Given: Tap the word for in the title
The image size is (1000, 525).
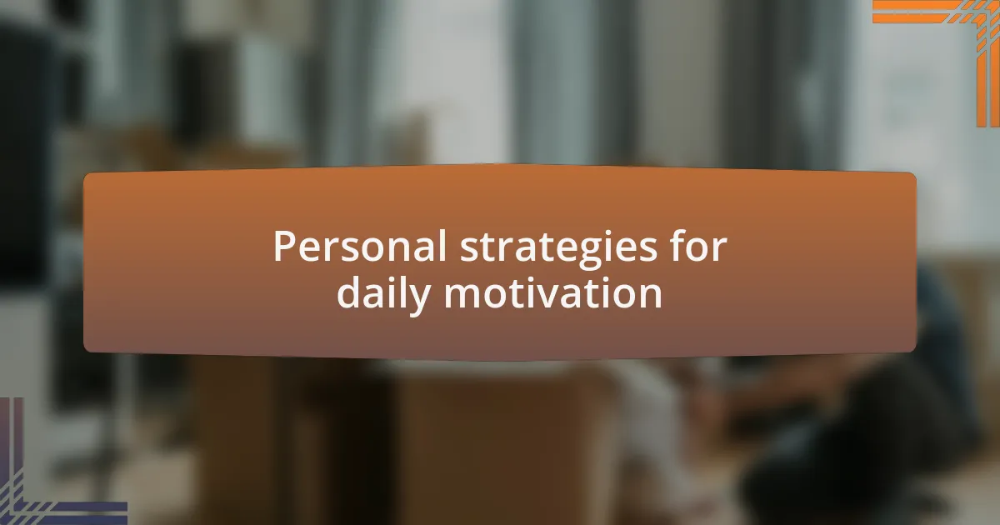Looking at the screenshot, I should [x=697, y=247].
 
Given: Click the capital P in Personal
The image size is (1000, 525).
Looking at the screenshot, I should [x=283, y=247].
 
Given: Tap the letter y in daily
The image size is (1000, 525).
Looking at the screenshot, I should [x=422, y=297].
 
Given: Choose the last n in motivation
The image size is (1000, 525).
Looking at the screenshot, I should [x=650, y=295].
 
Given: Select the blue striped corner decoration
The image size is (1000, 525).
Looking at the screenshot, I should [x=42, y=492].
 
